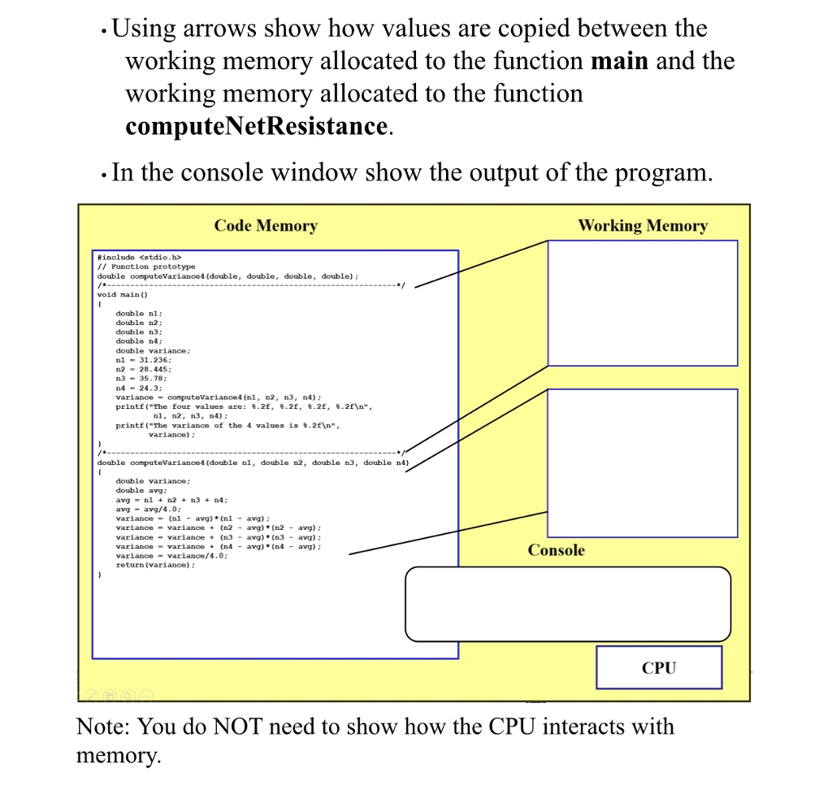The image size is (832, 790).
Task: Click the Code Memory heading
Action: click(x=266, y=226)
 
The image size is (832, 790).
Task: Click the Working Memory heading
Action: click(x=642, y=226)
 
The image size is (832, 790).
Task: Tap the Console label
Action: click(x=556, y=550)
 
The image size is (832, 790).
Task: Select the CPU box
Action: click(x=658, y=667)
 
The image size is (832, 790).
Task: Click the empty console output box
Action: click(x=567, y=604)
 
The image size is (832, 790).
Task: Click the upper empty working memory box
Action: click(x=642, y=302)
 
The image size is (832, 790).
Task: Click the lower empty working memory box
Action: click(x=642, y=462)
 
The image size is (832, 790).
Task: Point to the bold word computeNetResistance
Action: click(x=255, y=126)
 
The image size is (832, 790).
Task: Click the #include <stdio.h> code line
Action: click(x=134, y=258)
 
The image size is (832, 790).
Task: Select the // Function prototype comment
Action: click(x=146, y=267)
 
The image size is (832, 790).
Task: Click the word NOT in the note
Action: click(x=237, y=727)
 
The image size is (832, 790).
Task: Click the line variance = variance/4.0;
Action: click(x=171, y=556)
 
